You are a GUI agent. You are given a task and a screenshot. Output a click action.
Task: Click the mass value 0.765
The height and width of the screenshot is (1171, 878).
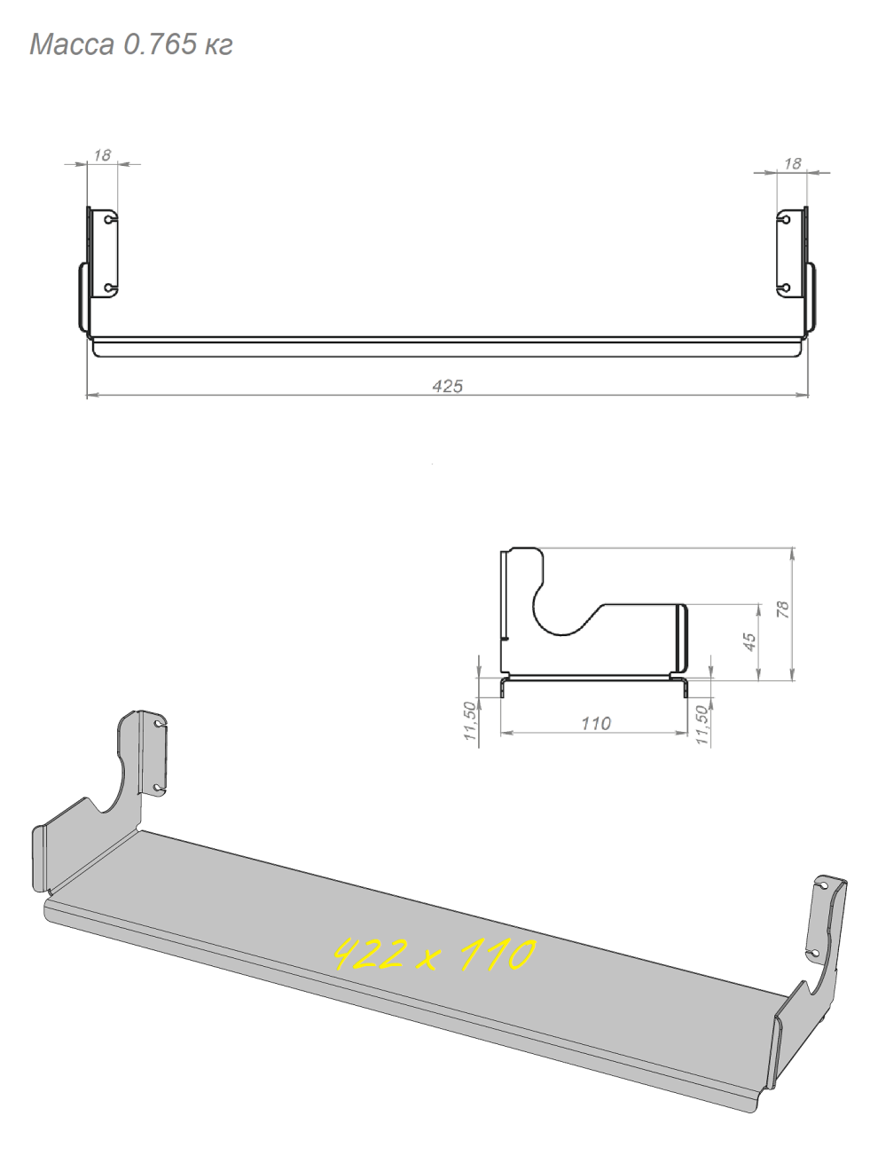click(160, 44)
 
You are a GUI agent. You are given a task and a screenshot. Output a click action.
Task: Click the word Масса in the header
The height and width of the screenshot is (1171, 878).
click(72, 44)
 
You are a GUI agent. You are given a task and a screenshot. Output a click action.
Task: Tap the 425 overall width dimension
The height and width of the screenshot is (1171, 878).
click(447, 386)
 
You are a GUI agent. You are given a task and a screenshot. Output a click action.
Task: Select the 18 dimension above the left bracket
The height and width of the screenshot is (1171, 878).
click(102, 155)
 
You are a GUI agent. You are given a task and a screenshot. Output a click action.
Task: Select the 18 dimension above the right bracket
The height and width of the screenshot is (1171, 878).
click(793, 164)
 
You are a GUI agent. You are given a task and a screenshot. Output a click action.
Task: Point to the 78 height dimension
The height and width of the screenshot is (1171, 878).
click(783, 609)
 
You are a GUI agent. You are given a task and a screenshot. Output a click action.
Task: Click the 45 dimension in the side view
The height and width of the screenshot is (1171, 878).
click(749, 641)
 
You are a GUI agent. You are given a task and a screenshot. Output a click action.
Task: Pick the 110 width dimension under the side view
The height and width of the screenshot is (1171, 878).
click(595, 724)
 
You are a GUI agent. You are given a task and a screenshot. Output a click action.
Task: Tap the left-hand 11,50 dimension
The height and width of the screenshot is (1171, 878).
click(470, 720)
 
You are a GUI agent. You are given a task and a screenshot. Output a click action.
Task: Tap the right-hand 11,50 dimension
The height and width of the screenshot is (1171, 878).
click(702, 725)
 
